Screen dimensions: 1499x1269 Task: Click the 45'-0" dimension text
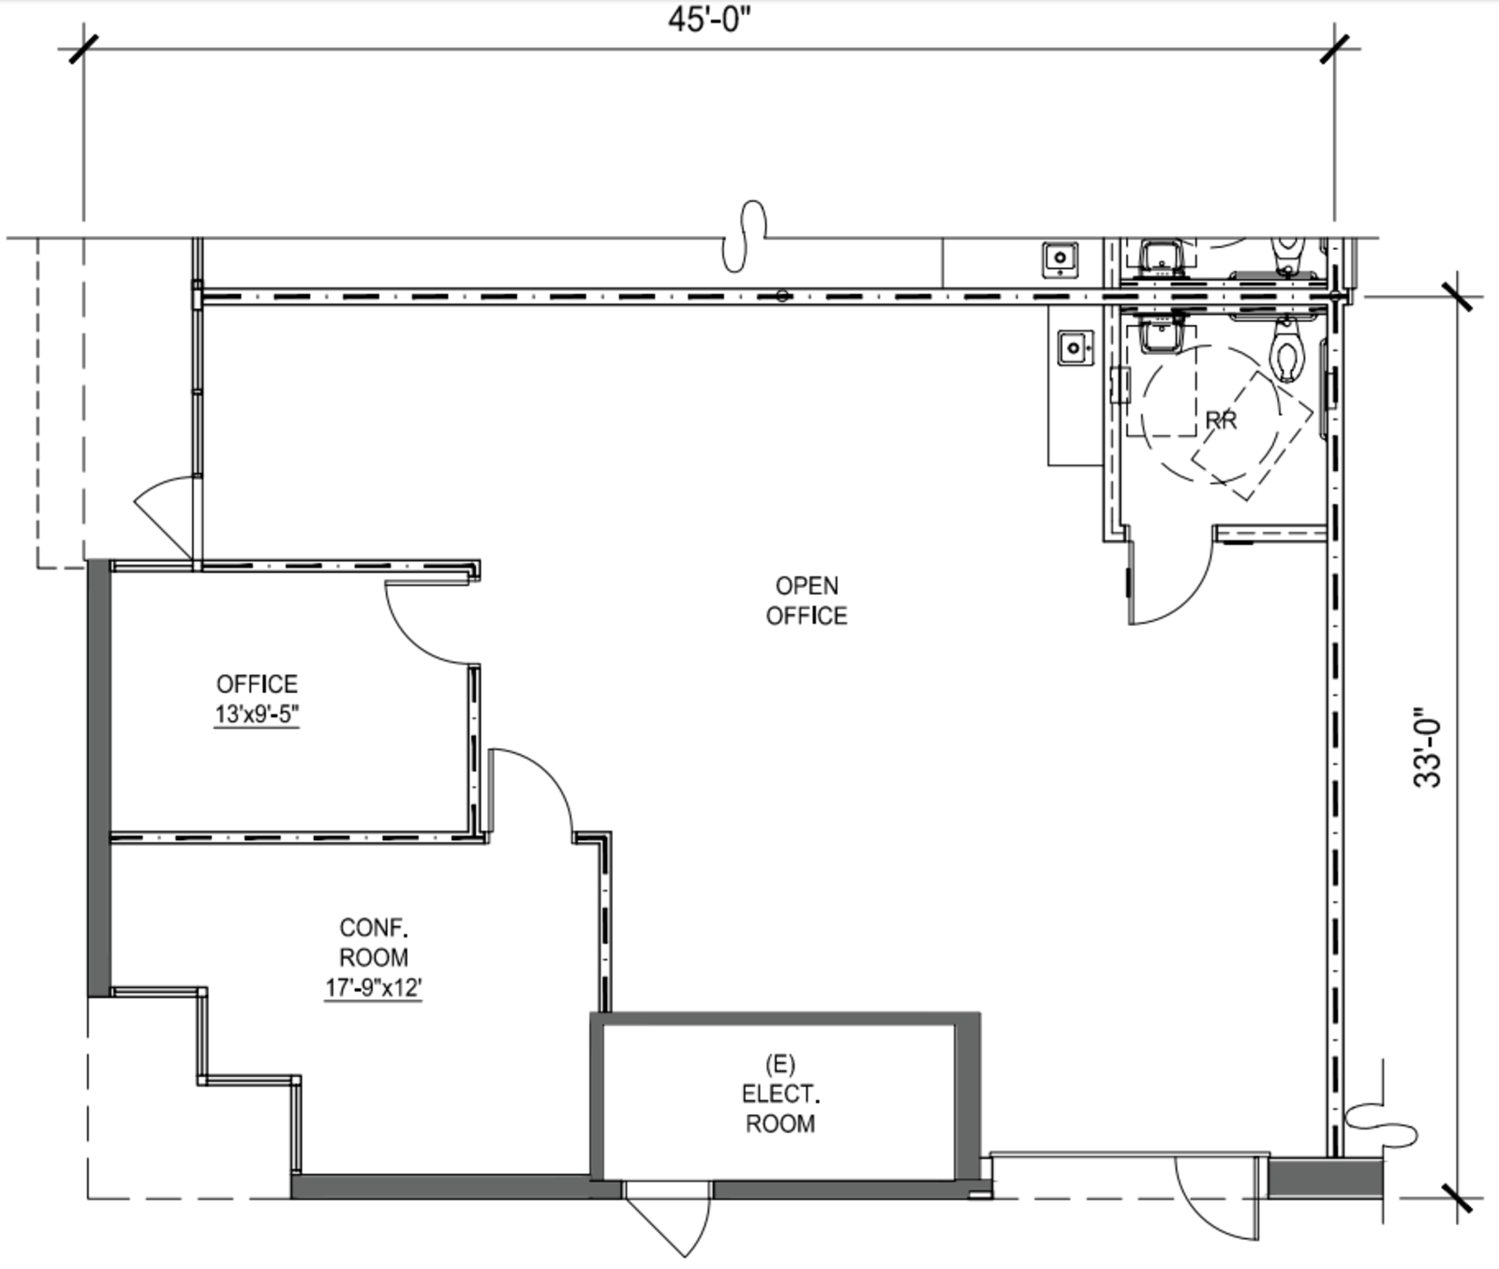709,20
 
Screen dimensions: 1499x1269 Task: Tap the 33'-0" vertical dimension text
1428,747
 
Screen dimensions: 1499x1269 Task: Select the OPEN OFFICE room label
807,600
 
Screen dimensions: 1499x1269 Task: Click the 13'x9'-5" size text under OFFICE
257,715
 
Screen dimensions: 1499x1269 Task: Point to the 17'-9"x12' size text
374,987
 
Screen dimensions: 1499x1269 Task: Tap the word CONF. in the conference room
374,928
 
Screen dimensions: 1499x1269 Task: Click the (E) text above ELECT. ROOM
779,1064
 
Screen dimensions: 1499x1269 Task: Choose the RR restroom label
1221,421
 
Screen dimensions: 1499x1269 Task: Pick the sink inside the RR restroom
1163,333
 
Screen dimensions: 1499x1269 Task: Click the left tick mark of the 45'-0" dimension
84,49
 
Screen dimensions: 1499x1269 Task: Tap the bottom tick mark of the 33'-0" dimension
1458,1197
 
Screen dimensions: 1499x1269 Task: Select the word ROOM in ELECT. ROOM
779,1123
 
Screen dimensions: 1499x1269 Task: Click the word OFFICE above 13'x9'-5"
257,684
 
